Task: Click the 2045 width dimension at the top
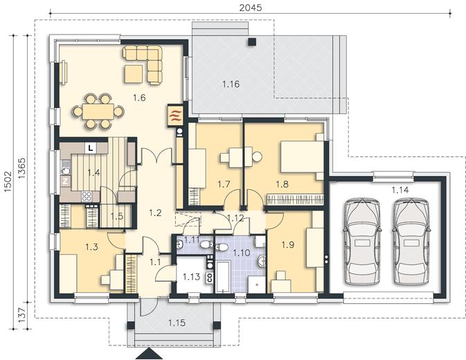(251, 8)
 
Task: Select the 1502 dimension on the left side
(8, 181)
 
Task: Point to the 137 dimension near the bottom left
(22, 316)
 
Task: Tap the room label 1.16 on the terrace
(231, 84)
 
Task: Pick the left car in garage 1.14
(362, 242)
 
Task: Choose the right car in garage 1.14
(411, 242)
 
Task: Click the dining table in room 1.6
(98, 111)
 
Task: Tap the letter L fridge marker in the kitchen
(91, 147)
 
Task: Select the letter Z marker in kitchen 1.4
(65, 181)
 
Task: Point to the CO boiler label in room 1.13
(210, 278)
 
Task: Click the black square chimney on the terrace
(252, 42)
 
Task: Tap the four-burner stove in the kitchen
(87, 196)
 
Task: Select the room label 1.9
(287, 245)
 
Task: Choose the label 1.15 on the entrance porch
(177, 323)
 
